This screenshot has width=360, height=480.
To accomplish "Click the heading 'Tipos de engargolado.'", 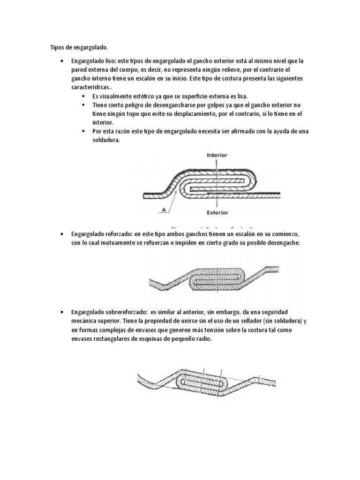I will click(x=79, y=47).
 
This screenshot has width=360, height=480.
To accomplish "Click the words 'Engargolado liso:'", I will click(x=93, y=61).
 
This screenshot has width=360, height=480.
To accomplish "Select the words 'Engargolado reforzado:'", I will click(x=102, y=234).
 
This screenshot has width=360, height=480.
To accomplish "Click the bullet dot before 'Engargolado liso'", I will click(x=62, y=61).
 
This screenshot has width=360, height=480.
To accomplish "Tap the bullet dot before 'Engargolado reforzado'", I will click(x=62, y=234).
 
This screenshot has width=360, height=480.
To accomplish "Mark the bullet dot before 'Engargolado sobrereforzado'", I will click(x=62, y=312).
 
